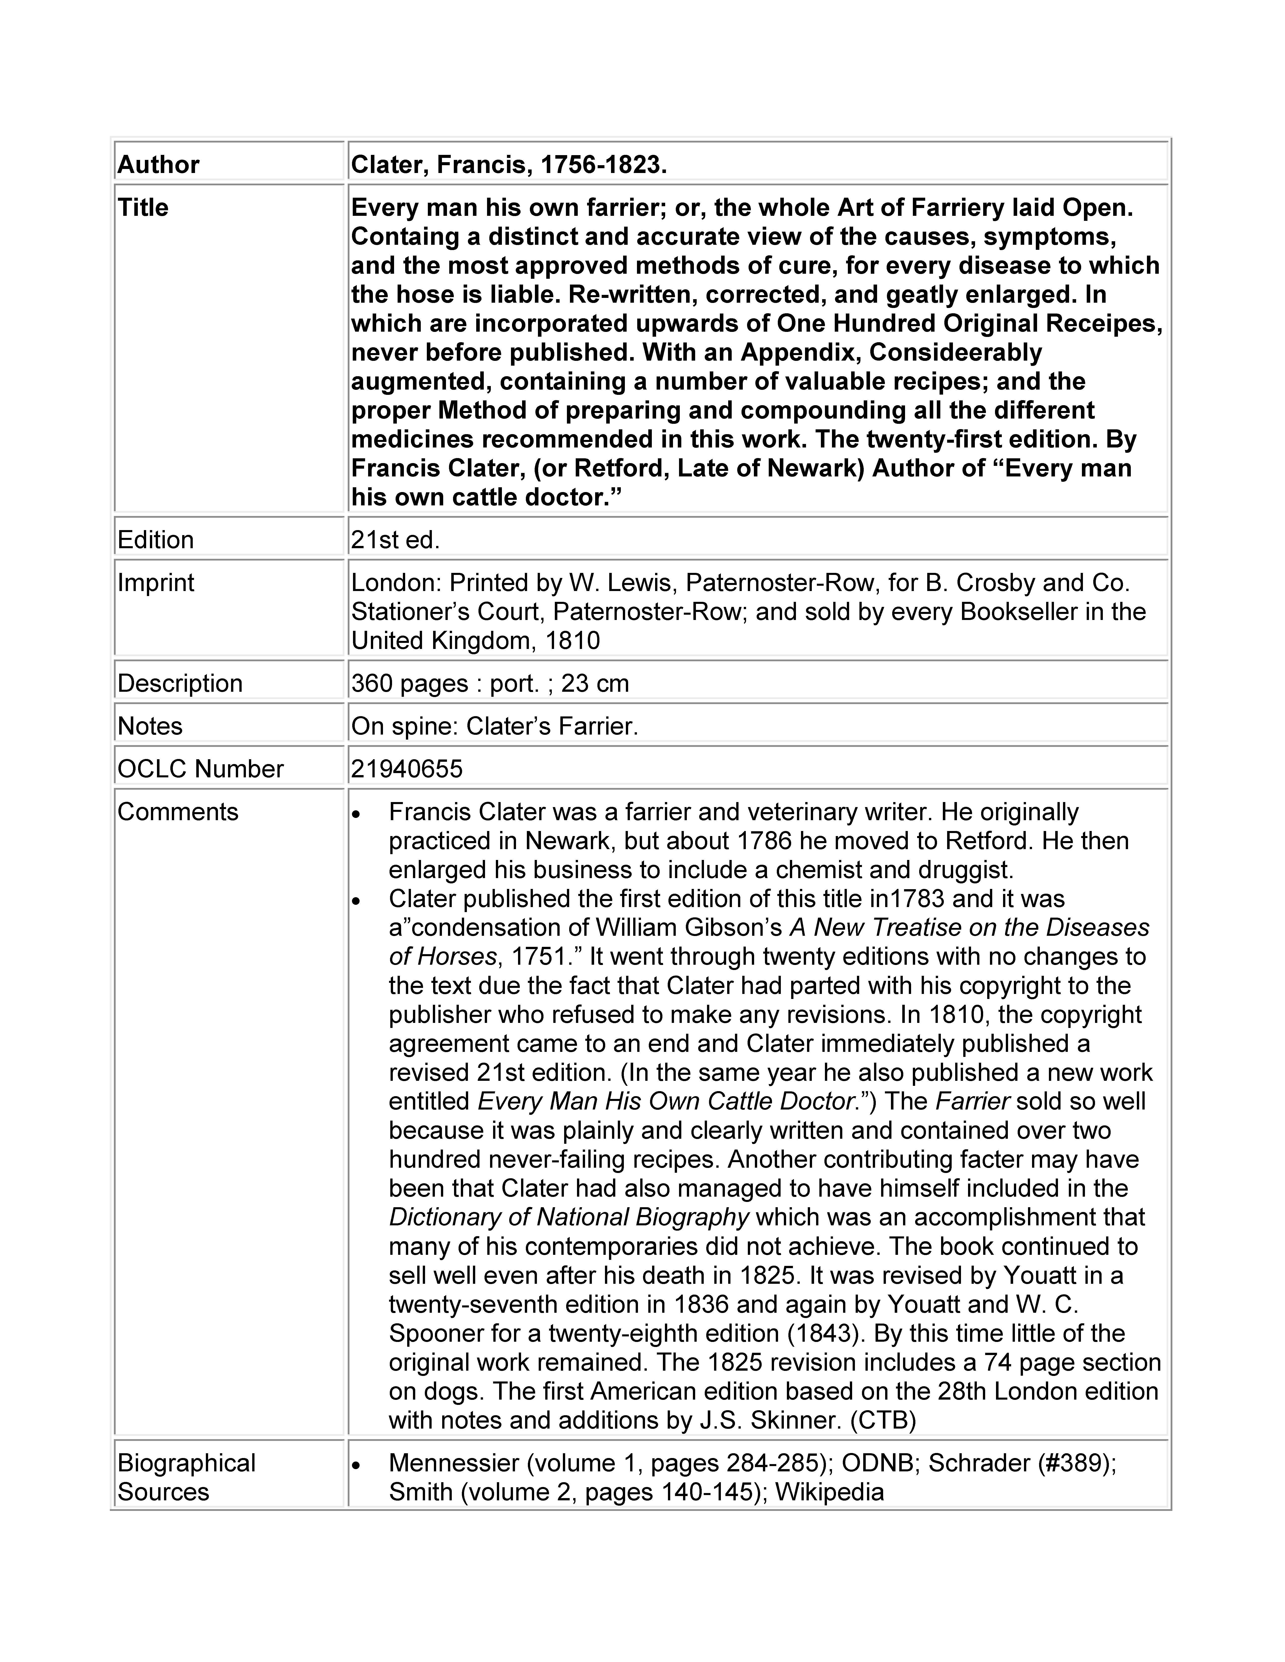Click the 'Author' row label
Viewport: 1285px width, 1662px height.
[x=158, y=164]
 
